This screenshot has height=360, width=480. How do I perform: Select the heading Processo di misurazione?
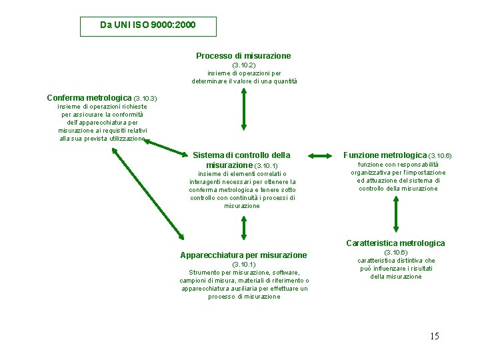(243, 56)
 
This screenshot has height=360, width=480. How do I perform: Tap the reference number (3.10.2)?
(243, 65)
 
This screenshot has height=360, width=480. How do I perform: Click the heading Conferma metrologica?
(89, 98)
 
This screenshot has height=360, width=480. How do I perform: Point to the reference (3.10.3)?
(145, 99)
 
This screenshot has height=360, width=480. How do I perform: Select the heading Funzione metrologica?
(385, 155)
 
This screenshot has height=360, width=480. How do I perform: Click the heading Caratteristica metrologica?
(395, 243)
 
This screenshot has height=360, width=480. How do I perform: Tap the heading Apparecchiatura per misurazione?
(243, 255)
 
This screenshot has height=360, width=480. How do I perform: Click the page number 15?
(434, 336)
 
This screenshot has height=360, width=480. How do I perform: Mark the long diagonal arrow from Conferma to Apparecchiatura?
(148, 193)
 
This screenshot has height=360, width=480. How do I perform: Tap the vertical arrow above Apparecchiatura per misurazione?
(243, 229)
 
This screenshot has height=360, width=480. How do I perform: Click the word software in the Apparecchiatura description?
(285, 273)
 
